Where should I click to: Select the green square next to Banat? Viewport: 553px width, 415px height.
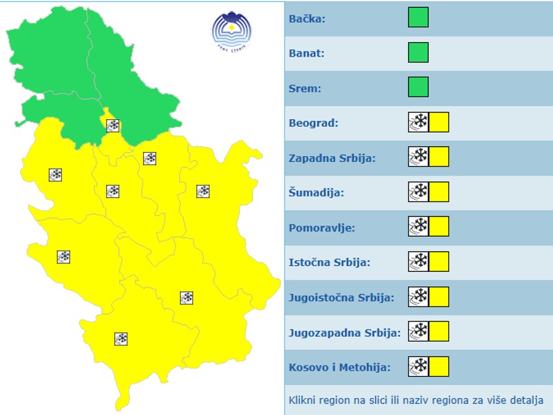pos(418,52)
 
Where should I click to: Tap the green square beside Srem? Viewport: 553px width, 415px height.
pos(418,87)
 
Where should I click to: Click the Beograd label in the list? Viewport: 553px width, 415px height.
pos(314,123)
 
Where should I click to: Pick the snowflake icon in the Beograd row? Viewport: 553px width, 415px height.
pos(418,122)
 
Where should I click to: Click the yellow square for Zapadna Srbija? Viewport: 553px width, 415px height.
pos(439,157)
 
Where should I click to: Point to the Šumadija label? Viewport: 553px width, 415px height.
pos(316,193)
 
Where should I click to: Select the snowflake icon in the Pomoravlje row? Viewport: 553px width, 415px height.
pos(418,227)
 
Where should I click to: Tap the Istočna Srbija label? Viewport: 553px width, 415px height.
pos(329,263)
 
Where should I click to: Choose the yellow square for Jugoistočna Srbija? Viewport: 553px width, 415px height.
pos(439,297)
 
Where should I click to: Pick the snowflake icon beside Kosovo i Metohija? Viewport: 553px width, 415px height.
pos(418,367)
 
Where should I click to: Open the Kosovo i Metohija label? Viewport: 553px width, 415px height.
pos(340,368)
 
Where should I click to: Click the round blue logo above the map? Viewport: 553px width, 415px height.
pos(231,30)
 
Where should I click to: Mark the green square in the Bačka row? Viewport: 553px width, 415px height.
pos(418,17)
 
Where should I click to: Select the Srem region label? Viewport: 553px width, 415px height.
pos(304,88)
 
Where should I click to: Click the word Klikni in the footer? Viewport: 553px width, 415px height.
pos(302,400)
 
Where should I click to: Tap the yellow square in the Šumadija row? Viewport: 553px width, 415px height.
pos(439,192)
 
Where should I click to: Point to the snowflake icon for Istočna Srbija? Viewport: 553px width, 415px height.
pos(418,261)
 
